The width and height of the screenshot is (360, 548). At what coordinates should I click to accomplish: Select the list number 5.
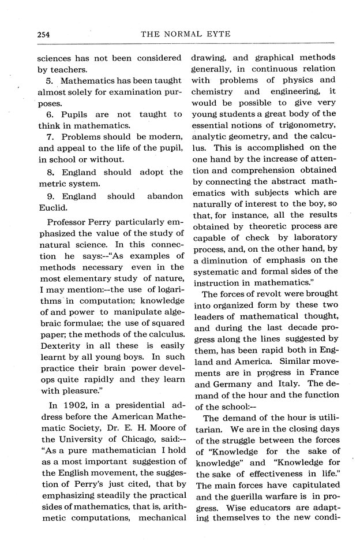(49, 81)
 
